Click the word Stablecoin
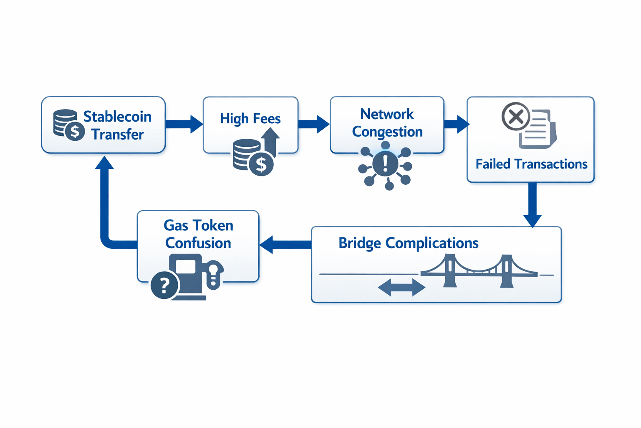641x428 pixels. click(x=117, y=117)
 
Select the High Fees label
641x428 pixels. click(x=250, y=119)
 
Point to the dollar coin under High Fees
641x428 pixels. click(x=261, y=164)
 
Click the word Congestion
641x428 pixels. click(x=387, y=132)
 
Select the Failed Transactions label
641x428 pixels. click(x=531, y=164)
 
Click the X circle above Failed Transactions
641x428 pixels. click(x=516, y=116)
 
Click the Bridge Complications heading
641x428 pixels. click(x=408, y=243)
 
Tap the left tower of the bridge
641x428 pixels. click(x=449, y=271)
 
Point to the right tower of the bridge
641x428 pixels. click(x=506, y=271)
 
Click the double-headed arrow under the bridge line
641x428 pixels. click(x=401, y=288)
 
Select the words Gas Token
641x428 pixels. click(x=198, y=226)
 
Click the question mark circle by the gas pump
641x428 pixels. click(x=164, y=285)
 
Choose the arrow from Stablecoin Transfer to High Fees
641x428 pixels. click(x=184, y=124)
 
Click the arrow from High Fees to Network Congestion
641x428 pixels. click(x=313, y=124)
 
